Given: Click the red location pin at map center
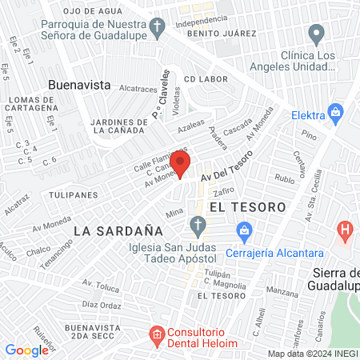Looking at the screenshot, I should [180, 164].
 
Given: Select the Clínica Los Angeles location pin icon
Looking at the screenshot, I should [317, 34].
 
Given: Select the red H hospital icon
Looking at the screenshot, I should [346, 233].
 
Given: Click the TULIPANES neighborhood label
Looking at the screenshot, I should [72, 194].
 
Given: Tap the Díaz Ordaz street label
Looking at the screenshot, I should [101, 305].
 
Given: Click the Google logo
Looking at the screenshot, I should [26, 350].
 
